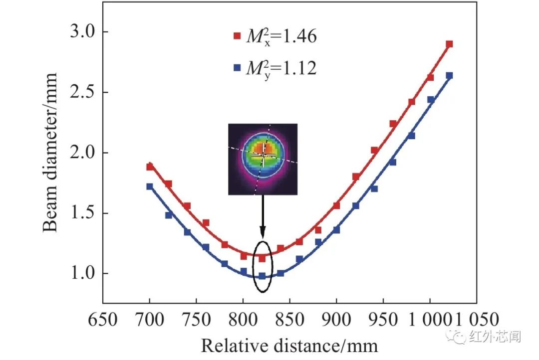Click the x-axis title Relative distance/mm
[x=289, y=346]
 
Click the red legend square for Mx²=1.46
[x=237, y=36]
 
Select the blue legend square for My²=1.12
[x=237, y=67]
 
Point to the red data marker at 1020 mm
[x=449, y=44]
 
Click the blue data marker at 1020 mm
[x=449, y=76]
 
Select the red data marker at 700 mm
[x=150, y=167]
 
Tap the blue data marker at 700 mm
[x=150, y=186]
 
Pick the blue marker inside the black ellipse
[x=262, y=276]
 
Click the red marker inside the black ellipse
[x=262, y=258]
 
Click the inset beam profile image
[x=263, y=159]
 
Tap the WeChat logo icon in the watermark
[x=457, y=337]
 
